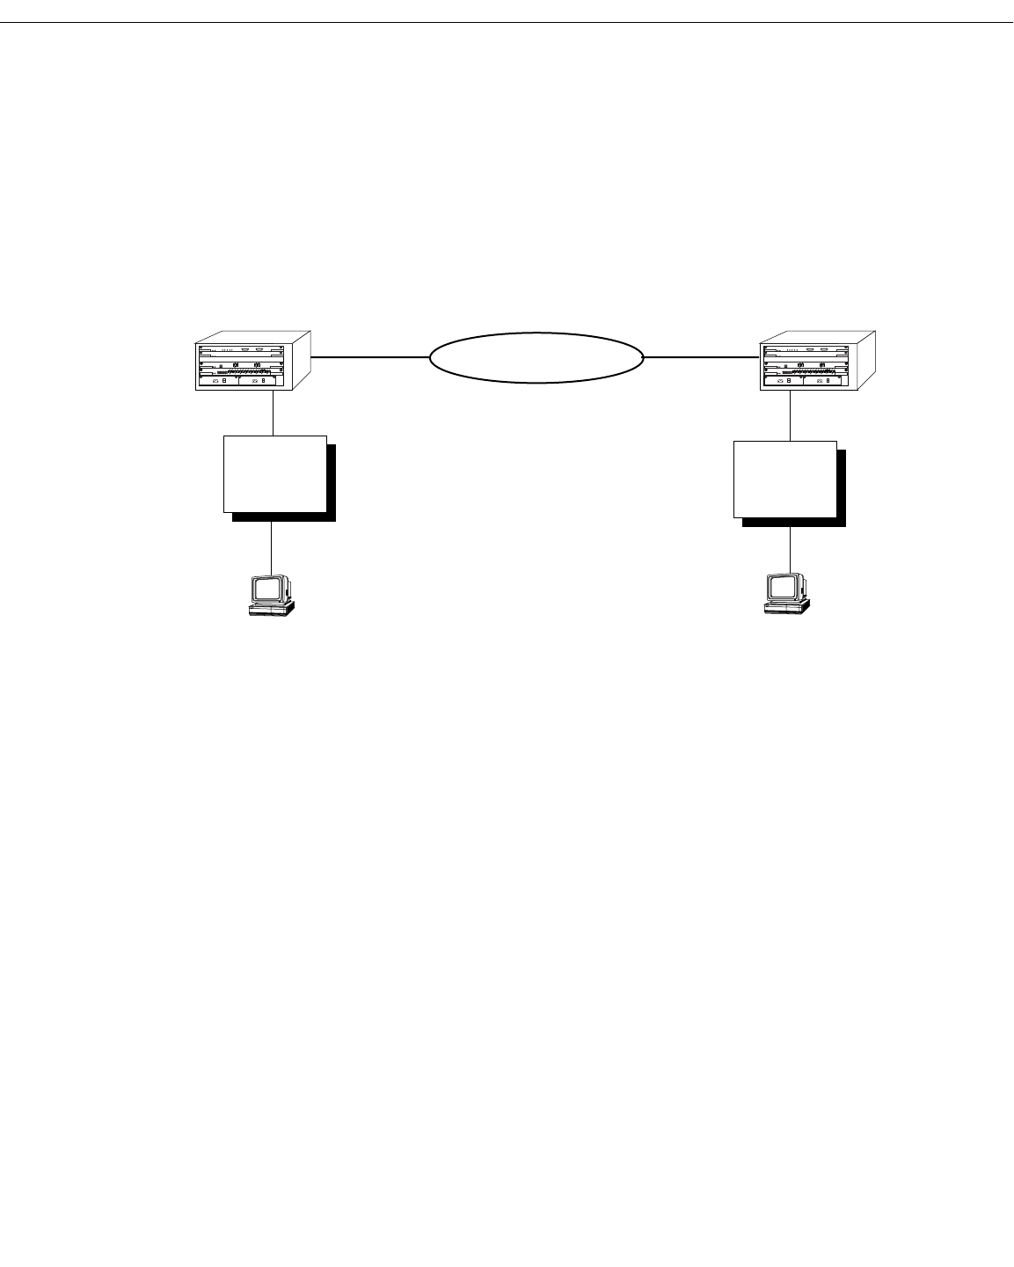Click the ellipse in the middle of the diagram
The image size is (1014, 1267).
536,357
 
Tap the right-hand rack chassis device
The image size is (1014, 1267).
819,362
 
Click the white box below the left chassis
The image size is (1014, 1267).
275,473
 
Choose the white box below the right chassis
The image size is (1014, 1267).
784,480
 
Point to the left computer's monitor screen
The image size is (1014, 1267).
266,588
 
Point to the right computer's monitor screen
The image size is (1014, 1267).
781,588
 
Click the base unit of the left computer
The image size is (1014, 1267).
271,608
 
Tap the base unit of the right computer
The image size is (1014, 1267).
787,608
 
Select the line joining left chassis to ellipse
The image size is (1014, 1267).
369,357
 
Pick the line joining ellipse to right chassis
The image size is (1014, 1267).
702,357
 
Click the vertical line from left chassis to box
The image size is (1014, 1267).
274,412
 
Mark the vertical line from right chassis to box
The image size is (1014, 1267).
790,415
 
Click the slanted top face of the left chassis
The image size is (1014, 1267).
255,338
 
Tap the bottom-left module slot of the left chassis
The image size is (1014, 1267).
218,380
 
